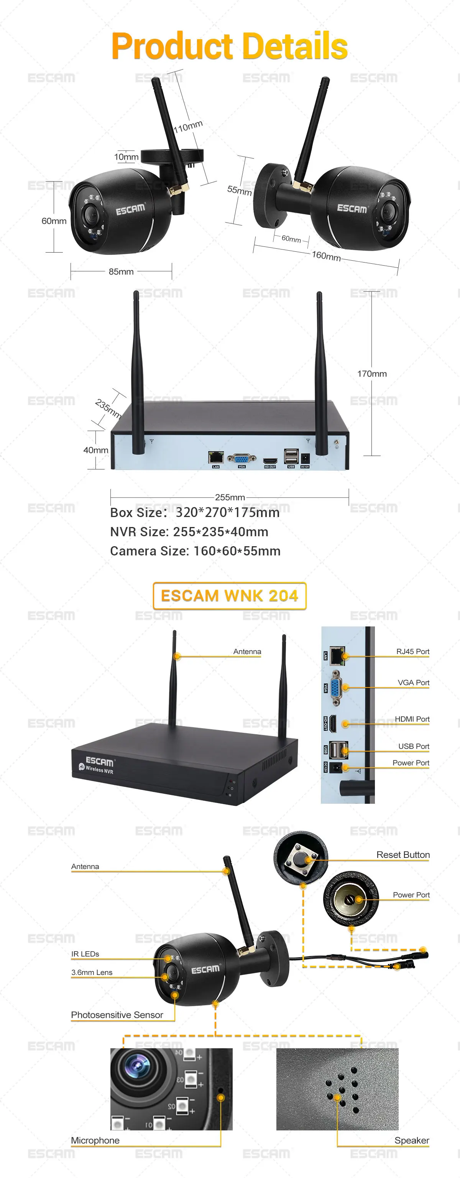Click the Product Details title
(229, 46)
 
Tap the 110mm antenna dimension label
(188, 127)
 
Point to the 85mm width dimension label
(121, 272)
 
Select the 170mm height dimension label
(372, 373)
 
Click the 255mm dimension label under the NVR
(230, 497)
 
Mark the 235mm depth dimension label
(108, 408)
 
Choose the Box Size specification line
(195, 513)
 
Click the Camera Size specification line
(195, 551)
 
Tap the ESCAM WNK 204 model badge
(229, 596)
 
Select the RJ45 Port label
(412, 652)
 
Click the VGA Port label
(413, 683)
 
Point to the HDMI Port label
(412, 719)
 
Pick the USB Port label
(413, 746)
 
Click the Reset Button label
(403, 855)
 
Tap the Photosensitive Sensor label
(117, 1015)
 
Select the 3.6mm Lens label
(92, 972)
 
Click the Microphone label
(95, 1140)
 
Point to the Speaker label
(412, 1140)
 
